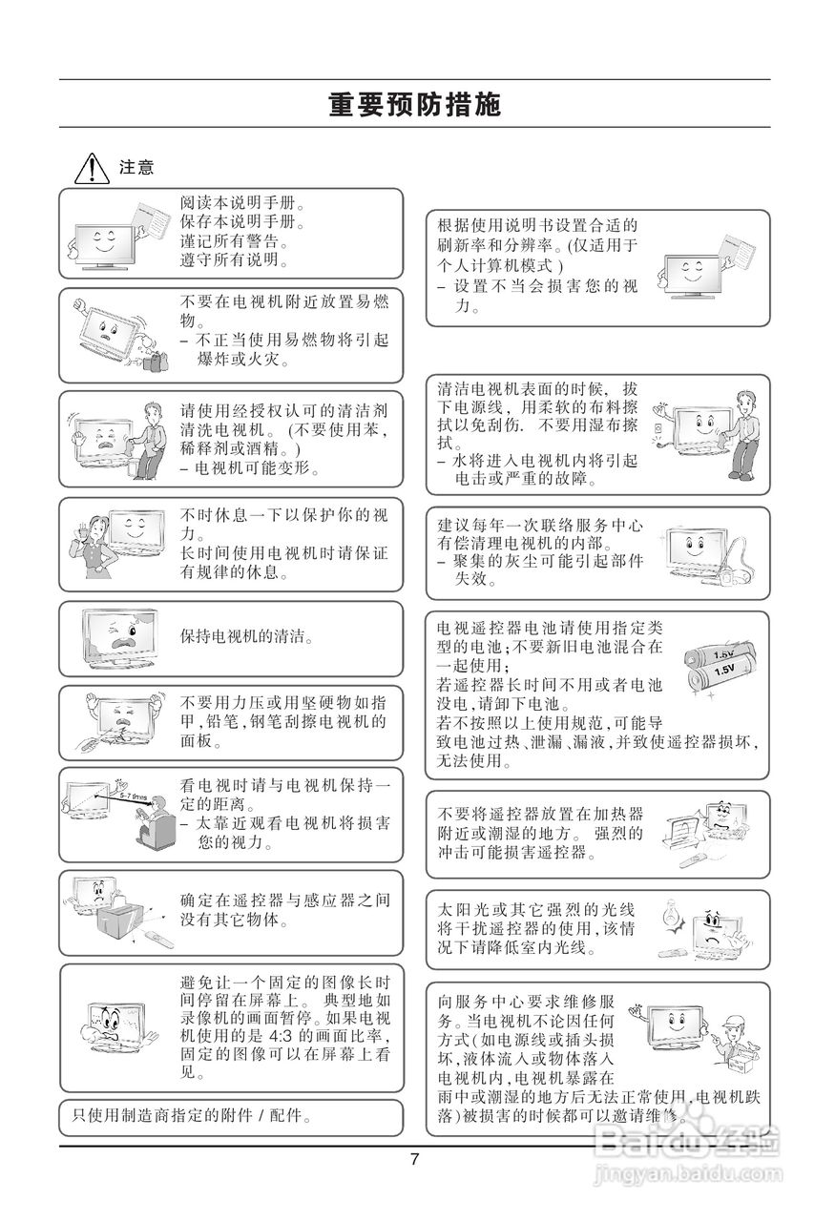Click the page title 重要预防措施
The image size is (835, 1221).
click(414, 105)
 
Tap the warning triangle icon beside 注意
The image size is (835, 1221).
click(92, 169)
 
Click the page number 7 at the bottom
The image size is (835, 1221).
click(414, 1160)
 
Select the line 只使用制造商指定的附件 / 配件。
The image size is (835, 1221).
click(193, 1114)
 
